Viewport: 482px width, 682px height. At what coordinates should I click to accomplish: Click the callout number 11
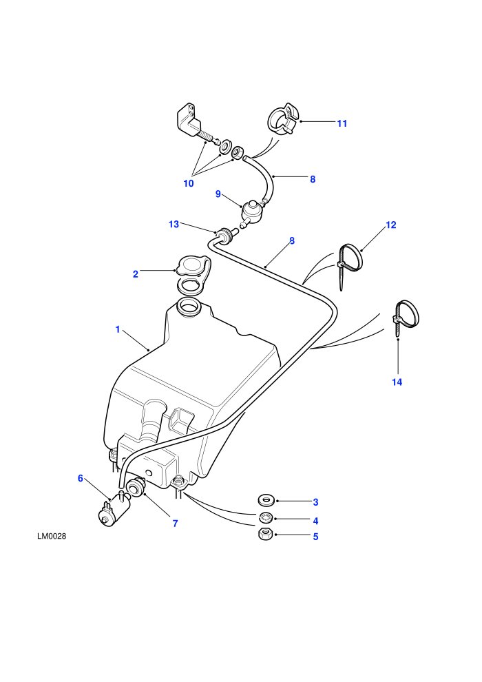tap(342, 123)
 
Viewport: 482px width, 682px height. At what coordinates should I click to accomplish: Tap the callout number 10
tap(188, 183)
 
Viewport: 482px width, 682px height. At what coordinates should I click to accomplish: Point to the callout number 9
tap(218, 194)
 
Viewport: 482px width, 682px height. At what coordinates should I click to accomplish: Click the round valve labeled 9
tap(253, 212)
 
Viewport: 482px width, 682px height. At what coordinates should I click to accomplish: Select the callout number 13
tap(174, 225)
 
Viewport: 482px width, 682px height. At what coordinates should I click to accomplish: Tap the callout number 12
tap(390, 225)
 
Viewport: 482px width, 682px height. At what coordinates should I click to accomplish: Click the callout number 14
tap(397, 382)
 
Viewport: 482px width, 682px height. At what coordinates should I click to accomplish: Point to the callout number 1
tap(117, 330)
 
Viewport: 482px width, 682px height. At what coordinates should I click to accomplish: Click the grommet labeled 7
tap(136, 486)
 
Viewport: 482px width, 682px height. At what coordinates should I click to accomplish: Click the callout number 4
tap(315, 521)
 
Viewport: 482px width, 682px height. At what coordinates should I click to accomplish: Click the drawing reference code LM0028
tap(52, 536)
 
